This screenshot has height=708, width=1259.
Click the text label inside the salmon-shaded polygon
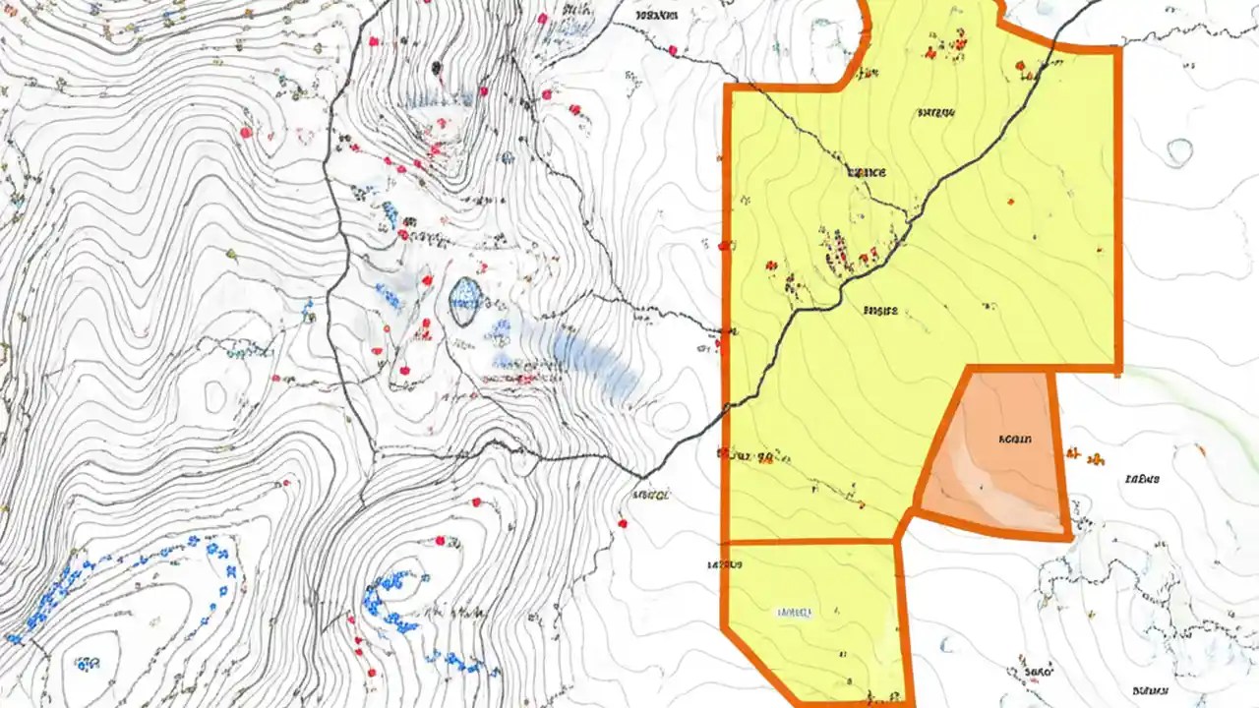click(x=1014, y=440)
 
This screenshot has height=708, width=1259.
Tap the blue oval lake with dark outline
click(x=466, y=301)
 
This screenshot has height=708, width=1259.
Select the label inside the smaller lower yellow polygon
click(x=795, y=612)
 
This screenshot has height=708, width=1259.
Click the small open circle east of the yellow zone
click(x=1179, y=150)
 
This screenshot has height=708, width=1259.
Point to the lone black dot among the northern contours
click(x=436, y=67)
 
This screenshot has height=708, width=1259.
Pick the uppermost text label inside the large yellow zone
click(x=935, y=113)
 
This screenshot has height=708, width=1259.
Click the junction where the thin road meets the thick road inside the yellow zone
click(x=907, y=214)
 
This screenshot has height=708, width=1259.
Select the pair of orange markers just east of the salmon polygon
click(x=1084, y=456)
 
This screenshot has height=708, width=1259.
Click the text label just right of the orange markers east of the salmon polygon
click(x=1142, y=480)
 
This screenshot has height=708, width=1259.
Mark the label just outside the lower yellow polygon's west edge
click(x=724, y=565)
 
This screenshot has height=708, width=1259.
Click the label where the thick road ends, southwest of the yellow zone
click(x=653, y=495)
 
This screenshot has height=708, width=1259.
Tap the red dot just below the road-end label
click(x=623, y=523)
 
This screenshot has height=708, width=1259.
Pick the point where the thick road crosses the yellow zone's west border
click(x=728, y=404)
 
